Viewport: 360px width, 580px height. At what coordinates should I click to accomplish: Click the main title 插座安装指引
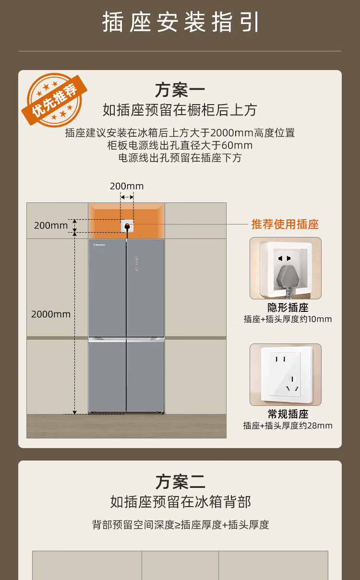click(x=180, y=22)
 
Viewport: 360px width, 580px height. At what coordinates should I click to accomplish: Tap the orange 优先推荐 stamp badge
click(x=54, y=100)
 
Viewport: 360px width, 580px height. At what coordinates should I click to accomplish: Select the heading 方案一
click(x=180, y=90)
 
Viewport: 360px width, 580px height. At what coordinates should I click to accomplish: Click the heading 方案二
click(x=180, y=482)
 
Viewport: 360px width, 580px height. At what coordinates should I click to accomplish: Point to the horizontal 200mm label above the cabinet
click(x=127, y=186)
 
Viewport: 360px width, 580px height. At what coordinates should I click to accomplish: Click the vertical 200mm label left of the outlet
click(x=51, y=225)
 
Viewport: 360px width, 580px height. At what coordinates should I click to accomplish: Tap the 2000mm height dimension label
click(x=51, y=314)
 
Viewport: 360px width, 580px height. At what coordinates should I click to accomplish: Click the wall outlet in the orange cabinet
click(x=127, y=226)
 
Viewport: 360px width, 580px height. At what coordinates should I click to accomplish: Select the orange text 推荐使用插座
click(x=285, y=224)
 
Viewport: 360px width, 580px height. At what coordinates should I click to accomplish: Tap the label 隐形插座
click(x=288, y=308)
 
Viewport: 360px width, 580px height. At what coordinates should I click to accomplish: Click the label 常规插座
click(x=288, y=414)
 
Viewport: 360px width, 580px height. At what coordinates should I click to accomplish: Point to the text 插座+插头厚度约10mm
click(x=288, y=319)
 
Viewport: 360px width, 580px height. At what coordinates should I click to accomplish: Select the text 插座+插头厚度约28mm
click(x=288, y=426)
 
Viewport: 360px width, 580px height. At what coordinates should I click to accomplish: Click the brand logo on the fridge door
click(x=99, y=245)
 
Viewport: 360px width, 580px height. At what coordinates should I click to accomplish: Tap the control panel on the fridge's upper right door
click(x=136, y=263)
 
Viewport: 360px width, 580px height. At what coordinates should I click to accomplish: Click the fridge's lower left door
click(x=107, y=376)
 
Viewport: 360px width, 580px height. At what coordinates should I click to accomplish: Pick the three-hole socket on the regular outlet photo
click(x=292, y=384)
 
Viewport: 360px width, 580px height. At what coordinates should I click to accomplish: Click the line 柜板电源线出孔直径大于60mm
click(x=180, y=145)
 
